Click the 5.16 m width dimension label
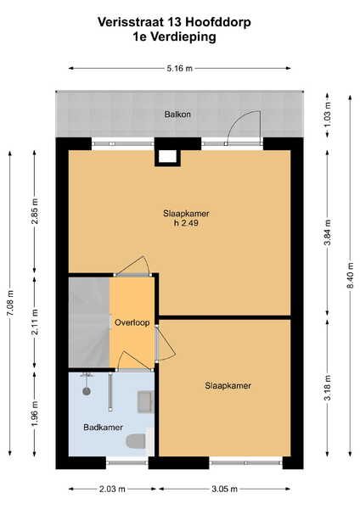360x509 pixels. tap(179, 69)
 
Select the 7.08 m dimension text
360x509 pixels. tap(10, 303)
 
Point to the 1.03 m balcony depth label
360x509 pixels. tap(328, 115)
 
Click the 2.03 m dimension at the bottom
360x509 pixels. tap(112, 489)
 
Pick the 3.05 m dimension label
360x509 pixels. tap(224, 489)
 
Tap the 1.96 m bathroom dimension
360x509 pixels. tap(35, 414)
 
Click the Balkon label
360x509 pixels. tap(177, 115)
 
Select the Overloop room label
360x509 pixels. tap(132, 322)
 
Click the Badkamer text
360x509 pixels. tap(103, 428)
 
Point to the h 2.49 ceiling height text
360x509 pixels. tap(186, 223)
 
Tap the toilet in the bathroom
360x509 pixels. tap(136, 441)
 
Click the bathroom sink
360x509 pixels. tap(145, 402)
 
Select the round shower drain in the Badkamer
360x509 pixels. tap(87, 391)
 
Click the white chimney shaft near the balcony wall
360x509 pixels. tap(167, 156)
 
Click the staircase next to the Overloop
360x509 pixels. tap(89, 322)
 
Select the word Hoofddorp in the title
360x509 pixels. tap(218, 22)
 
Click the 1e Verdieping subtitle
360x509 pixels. tap(174, 36)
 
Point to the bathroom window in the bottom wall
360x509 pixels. tap(127, 462)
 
